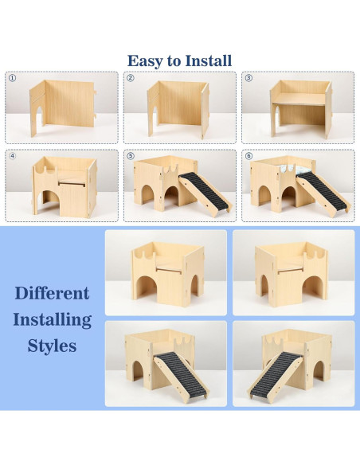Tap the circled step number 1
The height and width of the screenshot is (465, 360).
12,79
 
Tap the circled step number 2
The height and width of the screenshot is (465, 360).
130,79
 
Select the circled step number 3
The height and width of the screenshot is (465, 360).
248,79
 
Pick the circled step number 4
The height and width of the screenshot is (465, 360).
12,157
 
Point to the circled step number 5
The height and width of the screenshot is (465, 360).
130,157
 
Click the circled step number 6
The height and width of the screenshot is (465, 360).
248,157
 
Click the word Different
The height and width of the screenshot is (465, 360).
52,293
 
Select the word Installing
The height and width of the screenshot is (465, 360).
52,320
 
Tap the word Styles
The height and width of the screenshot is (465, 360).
52,346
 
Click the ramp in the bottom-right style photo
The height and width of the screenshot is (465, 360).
275,374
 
